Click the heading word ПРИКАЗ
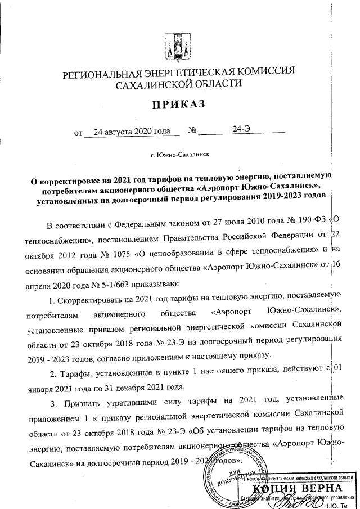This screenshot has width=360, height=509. (x=178, y=105)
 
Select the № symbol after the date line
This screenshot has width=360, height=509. (x=192, y=132)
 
